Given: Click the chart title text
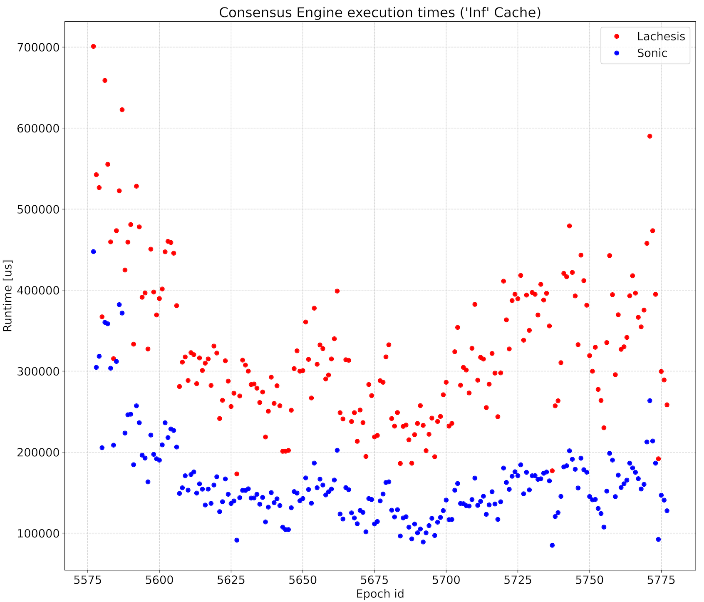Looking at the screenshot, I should point(379,12).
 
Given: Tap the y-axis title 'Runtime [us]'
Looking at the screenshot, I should point(7,296).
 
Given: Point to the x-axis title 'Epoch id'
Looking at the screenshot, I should point(380,594).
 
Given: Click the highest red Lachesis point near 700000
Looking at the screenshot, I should point(93,46).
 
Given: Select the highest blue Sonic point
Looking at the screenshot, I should point(93,251).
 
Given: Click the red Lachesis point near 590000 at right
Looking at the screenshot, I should point(649,136).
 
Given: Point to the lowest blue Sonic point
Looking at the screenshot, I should point(552,545).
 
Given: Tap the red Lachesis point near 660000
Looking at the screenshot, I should point(105,80).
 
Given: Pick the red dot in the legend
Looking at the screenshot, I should point(617,37).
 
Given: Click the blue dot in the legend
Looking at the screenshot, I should point(617,53).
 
